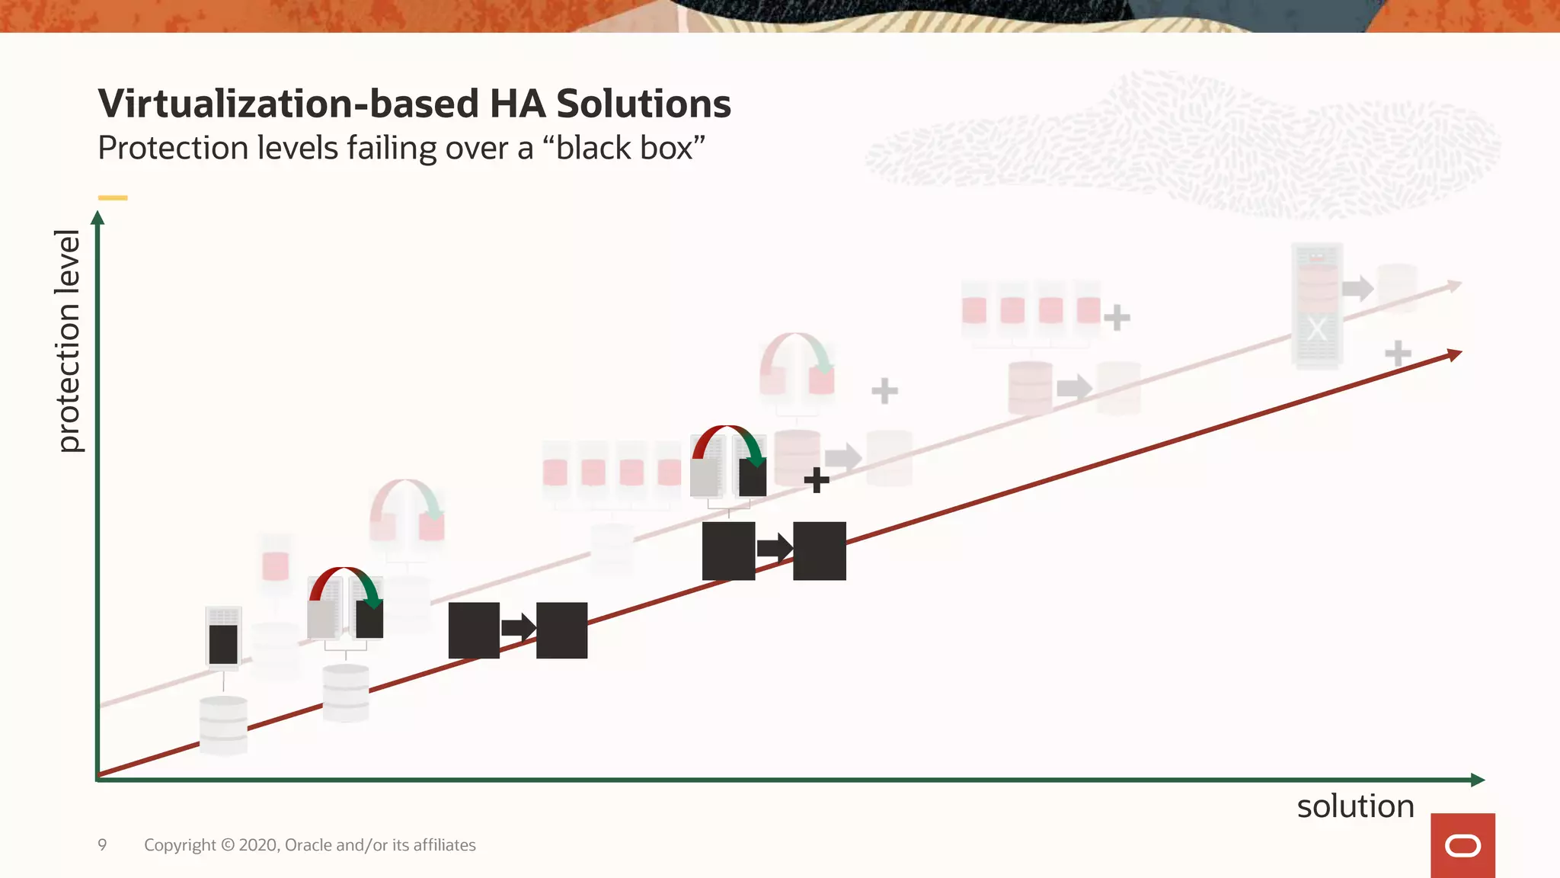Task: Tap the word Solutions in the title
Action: tap(644, 104)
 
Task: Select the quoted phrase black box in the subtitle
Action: tap(624, 148)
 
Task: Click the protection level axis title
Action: tap(69, 341)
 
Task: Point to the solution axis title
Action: tap(1355, 806)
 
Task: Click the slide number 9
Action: tap(102, 844)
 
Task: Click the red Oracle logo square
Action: tap(1462, 845)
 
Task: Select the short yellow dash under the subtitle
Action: tap(113, 198)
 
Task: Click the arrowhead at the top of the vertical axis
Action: tap(97, 219)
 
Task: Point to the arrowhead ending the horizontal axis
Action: tap(1477, 780)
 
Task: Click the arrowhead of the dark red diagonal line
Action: tap(1454, 354)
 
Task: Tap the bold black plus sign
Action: tap(817, 480)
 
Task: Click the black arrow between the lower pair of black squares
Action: tap(519, 629)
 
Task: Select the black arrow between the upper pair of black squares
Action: tap(775, 548)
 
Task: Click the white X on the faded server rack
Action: tap(1317, 330)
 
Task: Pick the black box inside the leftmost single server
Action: tap(223, 644)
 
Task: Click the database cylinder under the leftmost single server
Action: tap(223, 724)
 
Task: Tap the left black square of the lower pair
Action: tap(474, 630)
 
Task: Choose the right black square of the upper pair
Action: tap(820, 551)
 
